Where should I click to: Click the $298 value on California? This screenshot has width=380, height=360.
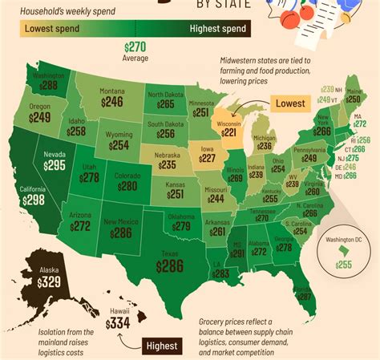tap(33, 199)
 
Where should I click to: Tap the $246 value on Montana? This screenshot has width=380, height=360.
tap(112, 102)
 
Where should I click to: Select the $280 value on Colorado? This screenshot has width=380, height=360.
tap(127, 186)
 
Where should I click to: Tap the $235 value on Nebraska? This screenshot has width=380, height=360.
tap(167, 164)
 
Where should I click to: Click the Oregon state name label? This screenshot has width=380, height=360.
tap(38, 106)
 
